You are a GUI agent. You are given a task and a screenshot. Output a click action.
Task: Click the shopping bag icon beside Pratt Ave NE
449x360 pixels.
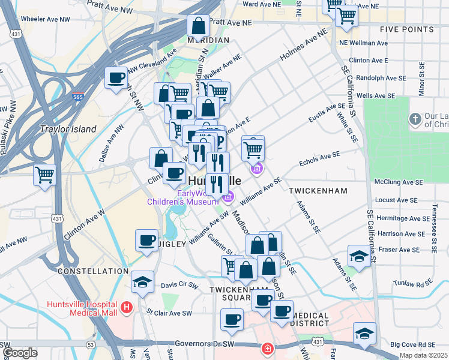tap(198, 26)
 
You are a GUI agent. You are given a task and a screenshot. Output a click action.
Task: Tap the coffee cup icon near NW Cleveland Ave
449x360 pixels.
tap(116, 78)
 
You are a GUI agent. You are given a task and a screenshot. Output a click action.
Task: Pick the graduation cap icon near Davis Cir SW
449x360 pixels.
tap(142, 282)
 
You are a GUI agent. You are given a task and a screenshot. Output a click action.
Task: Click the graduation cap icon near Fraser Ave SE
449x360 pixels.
tap(359, 257)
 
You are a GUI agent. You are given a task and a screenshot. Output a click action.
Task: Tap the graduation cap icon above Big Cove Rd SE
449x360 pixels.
tap(364, 334)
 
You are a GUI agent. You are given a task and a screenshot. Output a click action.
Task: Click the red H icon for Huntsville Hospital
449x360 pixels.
tap(127, 308)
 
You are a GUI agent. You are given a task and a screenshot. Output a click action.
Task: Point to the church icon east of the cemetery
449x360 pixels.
tap(415, 119)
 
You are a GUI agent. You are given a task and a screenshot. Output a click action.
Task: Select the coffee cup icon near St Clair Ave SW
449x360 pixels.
tap(232, 320)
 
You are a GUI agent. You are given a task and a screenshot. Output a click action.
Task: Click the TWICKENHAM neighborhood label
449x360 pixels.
tap(318, 190)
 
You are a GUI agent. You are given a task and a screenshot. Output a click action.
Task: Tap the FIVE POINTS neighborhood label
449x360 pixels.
tap(406, 29)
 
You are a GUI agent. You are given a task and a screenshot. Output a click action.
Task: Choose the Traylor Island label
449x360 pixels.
tap(68, 129)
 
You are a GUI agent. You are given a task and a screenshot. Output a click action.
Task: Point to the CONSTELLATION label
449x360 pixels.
tap(93, 271)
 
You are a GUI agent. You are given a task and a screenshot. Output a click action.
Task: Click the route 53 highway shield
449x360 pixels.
tap(91, 345)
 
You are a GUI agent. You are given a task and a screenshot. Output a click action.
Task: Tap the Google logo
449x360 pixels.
tap(20, 353)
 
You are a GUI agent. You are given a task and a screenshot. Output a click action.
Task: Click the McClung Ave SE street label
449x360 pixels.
tap(399, 182)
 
